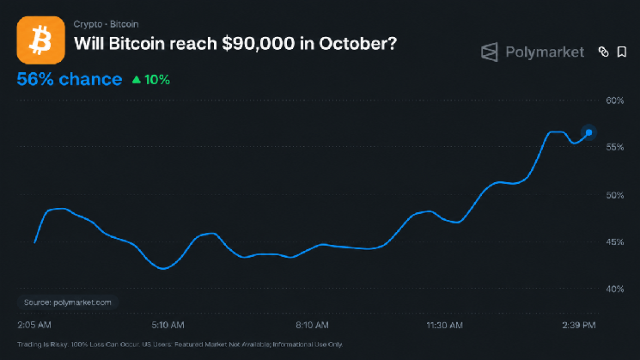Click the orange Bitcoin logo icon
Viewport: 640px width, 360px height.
[41, 40]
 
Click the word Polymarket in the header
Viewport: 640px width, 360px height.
[545, 52]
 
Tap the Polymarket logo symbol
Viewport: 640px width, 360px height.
[490, 52]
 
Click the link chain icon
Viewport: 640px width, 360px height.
[603, 52]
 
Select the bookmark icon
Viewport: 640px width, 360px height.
[622, 52]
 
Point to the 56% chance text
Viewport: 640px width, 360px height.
[70, 79]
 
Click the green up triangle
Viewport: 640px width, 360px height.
[137, 80]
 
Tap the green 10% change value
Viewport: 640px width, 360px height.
[157, 80]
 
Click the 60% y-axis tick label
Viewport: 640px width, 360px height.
[615, 101]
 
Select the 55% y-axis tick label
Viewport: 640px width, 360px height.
[615, 147]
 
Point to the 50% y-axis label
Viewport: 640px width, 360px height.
[615, 195]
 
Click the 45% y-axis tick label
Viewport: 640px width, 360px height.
[615, 242]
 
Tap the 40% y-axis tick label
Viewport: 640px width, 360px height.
[615, 289]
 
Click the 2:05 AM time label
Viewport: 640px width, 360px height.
[34, 325]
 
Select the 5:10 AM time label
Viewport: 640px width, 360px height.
[168, 325]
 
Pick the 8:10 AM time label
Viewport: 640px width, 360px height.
[312, 325]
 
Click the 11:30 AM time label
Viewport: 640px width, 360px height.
[444, 326]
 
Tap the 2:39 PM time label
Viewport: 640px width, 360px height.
[579, 325]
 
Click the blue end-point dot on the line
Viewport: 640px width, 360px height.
[588, 132]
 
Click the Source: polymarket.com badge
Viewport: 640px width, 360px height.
[68, 302]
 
